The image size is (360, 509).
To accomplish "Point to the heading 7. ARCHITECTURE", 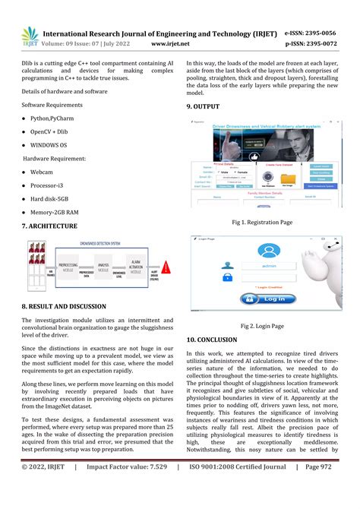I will pyautogui.click(x=49, y=226).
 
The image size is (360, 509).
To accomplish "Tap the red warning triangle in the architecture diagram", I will pyautogui.click(x=167, y=267).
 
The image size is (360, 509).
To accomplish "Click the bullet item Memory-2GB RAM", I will pyautogui.click(x=56, y=212).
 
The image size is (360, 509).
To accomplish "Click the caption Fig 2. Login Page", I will pyautogui.click(x=262, y=326).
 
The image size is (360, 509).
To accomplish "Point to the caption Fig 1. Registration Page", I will pyautogui.click(x=262, y=223).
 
